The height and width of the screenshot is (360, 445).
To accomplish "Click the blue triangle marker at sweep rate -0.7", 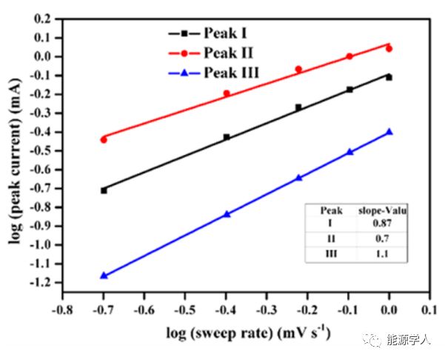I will click(104, 276).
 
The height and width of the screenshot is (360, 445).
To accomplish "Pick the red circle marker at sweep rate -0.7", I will click(104, 139).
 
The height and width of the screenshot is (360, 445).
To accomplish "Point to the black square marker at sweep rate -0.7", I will click(104, 190).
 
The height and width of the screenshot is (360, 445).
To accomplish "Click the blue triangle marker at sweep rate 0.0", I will click(389, 132).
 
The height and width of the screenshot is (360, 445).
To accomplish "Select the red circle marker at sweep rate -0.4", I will click(227, 93).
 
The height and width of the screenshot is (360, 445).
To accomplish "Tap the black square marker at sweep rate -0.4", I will click(227, 137).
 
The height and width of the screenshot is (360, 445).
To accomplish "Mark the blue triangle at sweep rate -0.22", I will click(299, 178).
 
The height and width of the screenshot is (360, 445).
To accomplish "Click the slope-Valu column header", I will click(383, 210).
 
